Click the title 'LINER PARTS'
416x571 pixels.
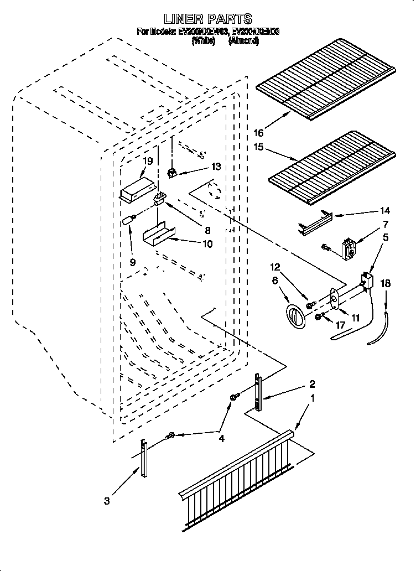[208, 19]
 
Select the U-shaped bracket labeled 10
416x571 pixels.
[157, 233]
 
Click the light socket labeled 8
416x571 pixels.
[159, 198]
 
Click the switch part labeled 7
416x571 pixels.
[348, 248]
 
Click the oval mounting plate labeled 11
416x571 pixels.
[336, 297]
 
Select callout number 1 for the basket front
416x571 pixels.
[313, 398]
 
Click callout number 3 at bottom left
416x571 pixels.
[107, 501]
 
